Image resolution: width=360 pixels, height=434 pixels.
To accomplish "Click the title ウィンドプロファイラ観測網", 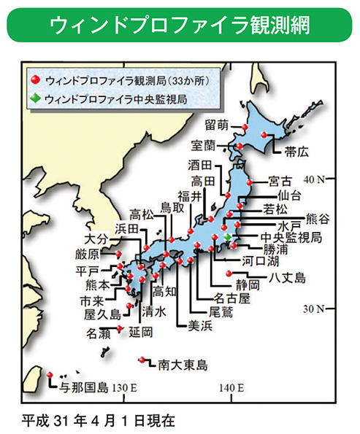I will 180,25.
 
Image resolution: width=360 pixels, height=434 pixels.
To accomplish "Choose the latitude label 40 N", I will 315,179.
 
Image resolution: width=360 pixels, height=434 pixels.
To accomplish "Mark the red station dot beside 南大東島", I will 140,360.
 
